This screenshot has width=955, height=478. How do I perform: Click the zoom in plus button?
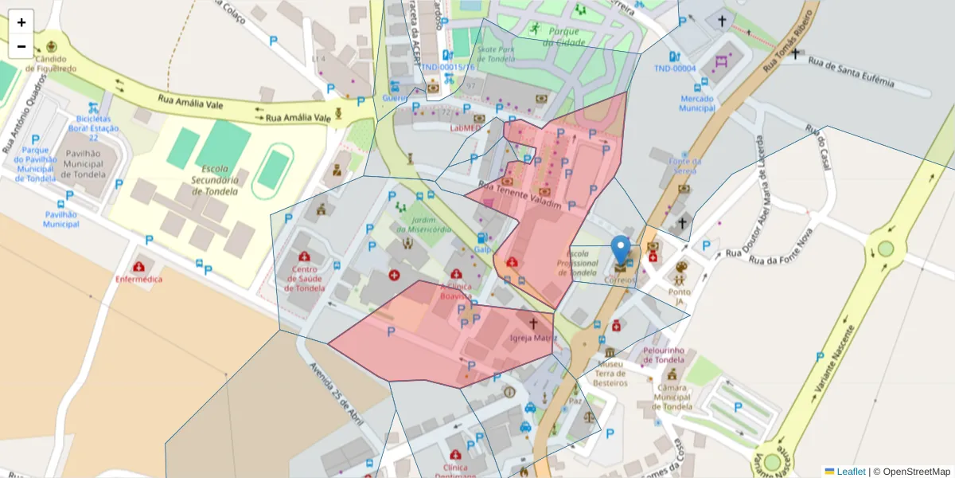tap(21, 22)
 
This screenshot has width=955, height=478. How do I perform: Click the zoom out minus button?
tap(21, 46)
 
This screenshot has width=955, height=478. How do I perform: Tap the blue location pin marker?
tap(621, 249)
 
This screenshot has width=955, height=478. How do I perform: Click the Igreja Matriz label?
tap(533, 338)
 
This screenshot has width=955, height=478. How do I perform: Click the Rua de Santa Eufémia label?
tap(851, 72)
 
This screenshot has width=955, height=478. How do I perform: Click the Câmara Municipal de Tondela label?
tap(672, 396)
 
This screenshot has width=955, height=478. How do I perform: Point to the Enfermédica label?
tap(138, 280)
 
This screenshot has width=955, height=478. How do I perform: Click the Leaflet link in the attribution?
tap(851, 472)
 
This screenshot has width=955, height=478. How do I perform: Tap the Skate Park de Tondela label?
tap(497, 53)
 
